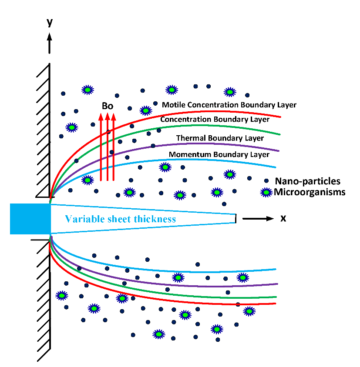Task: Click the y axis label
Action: point(50,22)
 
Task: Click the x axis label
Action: point(283,218)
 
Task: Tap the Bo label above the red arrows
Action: point(108,106)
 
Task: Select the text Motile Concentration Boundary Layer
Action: point(229,105)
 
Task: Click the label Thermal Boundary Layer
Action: point(220,138)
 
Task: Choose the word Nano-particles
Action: point(307,181)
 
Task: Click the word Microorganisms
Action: point(310,192)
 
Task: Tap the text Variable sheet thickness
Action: point(121,219)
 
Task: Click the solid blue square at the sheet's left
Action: point(30,219)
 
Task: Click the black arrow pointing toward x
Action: point(258,218)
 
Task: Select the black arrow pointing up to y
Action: point(50,43)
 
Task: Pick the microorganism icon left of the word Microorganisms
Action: point(266,192)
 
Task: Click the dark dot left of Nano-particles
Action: point(266,180)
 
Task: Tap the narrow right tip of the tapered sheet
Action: point(235,218)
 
